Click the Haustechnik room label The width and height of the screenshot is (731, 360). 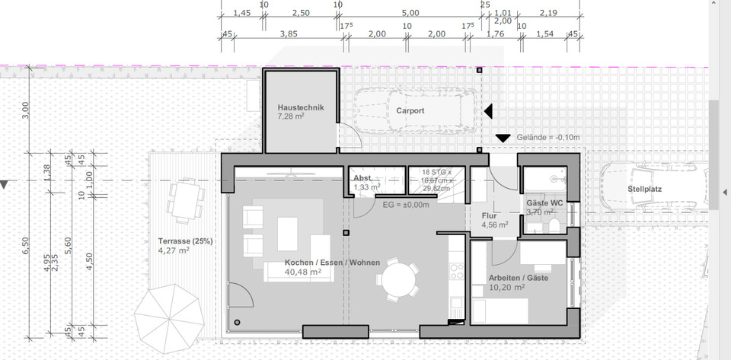click(x=301, y=107)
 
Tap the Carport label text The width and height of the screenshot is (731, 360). click(x=410, y=110)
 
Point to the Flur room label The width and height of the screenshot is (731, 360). click(x=489, y=215)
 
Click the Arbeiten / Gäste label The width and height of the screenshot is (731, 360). click(x=518, y=278)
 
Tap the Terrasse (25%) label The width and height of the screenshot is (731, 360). click(x=185, y=241)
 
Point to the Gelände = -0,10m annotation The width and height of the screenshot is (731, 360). click(x=548, y=137)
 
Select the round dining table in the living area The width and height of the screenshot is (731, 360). click(x=397, y=278)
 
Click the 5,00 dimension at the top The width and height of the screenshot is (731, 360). click(x=410, y=13)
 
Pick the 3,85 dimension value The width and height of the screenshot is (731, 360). click(x=288, y=33)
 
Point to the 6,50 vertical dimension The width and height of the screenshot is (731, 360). click(x=25, y=245)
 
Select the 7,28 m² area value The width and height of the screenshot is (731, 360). click(x=290, y=117)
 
